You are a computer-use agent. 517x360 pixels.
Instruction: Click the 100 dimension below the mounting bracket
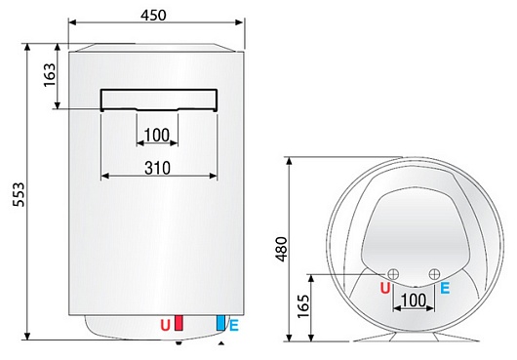tap(156, 135)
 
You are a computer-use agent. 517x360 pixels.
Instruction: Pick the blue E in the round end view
tap(445, 289)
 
